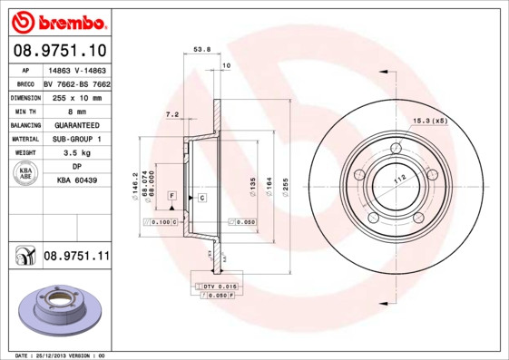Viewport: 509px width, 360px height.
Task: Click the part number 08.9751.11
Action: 76,257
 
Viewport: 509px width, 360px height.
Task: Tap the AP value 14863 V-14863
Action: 77,70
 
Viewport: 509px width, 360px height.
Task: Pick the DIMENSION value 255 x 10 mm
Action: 77,97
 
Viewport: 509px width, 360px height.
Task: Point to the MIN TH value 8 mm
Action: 77,111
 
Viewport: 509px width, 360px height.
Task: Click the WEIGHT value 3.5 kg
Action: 77,153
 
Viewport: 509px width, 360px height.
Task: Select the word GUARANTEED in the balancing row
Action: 77,125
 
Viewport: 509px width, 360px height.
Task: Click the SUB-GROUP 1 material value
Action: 77,139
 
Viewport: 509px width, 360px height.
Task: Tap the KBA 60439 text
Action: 77,181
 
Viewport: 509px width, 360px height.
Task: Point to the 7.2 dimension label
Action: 171,115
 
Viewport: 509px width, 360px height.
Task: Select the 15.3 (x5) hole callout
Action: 430,121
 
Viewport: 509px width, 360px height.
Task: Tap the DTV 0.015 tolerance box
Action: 218,287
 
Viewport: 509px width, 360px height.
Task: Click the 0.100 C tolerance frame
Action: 164,220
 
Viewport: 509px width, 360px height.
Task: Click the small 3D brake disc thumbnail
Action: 56,311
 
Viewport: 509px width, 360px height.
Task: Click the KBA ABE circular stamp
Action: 24,174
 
